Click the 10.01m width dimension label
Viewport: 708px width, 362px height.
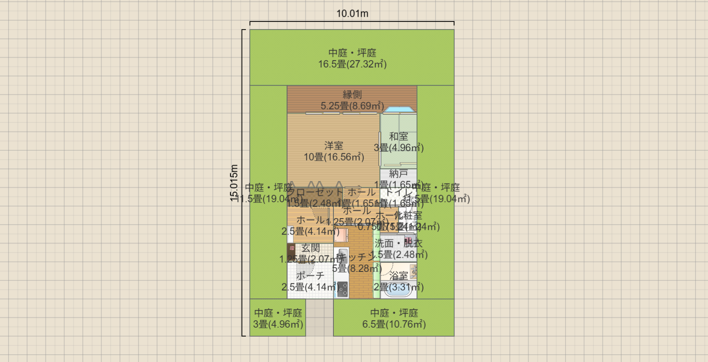352,13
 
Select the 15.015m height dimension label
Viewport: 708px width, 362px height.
234,183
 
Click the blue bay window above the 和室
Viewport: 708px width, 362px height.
399,110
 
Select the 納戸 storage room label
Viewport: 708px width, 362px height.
399,173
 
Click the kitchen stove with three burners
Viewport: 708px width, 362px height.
342,289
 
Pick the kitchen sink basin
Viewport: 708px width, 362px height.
343,255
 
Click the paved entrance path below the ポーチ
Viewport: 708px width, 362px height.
319,317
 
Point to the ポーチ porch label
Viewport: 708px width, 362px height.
310,276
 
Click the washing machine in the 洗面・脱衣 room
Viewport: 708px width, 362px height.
409,241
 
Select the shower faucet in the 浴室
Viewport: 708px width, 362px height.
413,271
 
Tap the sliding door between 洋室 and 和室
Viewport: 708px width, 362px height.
380,149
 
